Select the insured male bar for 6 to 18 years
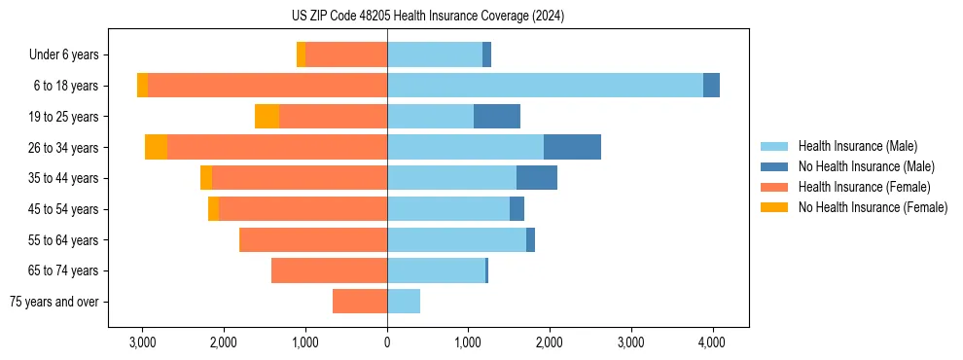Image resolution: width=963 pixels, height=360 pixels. (x=545, y=86)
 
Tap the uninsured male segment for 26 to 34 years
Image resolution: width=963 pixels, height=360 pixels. (x=572, y=147)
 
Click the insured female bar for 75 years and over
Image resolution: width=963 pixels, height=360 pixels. (x=360, y=302)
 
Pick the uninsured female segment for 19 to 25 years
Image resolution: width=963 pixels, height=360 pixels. (x=267, y=117)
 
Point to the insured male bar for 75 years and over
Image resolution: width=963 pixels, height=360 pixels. (x=404, y=302)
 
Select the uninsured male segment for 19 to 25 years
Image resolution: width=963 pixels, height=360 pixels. (x=497, y=117)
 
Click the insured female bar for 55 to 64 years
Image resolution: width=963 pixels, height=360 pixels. (x=313, y=240)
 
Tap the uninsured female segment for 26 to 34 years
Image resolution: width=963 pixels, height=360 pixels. (x=156, y=147)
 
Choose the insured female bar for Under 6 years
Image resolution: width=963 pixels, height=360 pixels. (x=346, y=54)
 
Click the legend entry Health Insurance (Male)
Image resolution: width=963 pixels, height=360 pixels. (x=857, y=146)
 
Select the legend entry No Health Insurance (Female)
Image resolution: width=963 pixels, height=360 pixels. (x=873, y=207)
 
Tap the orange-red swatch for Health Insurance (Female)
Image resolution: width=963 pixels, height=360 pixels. (x=774, y=187)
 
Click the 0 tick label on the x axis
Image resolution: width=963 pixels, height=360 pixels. (x=387, y=342)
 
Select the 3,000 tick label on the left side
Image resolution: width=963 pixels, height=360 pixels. (x=143, y=342)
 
